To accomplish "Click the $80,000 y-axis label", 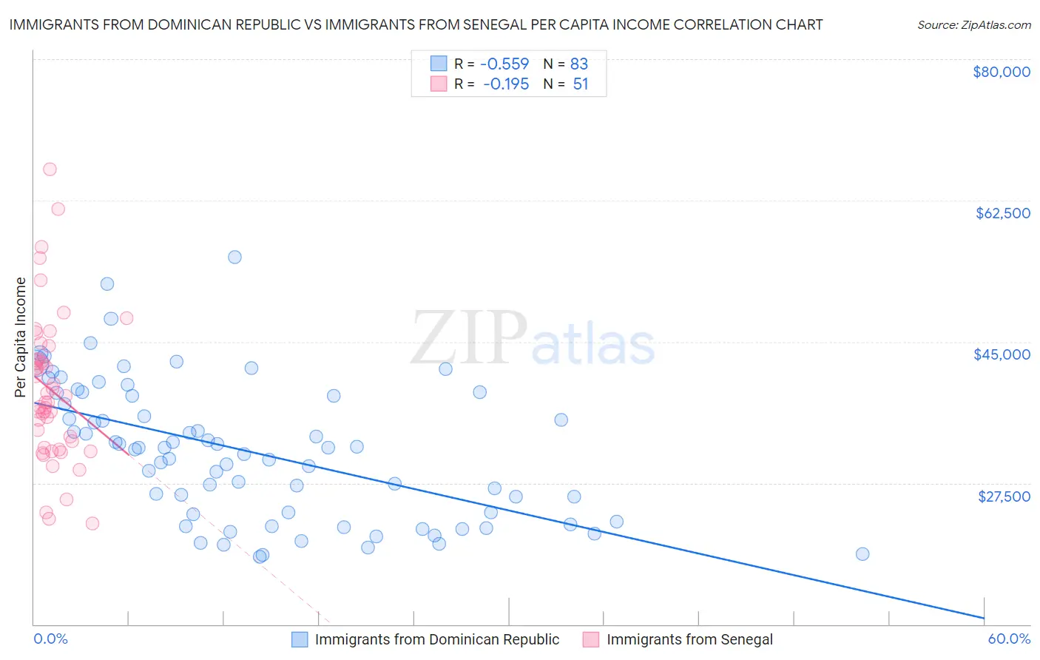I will (1001, 72).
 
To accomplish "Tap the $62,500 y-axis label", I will (1002, 213).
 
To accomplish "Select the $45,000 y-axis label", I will (1002, 354).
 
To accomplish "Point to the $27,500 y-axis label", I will (1004, 496).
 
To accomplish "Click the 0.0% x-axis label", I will (50, 639).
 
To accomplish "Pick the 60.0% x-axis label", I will (1008, 639).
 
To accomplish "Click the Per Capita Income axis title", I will (21, 337).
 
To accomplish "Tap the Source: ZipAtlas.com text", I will (973, 24).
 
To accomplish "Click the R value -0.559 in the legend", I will (504, 64).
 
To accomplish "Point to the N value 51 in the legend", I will (580, 84).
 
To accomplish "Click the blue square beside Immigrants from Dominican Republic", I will (300, 639).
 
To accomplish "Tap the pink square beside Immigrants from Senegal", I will (591, 639).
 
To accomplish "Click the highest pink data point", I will (50, 169).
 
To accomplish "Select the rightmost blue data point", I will (862, 554).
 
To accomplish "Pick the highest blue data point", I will (234, 257).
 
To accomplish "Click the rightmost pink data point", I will (126, 318).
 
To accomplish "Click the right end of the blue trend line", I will (984, 618).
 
